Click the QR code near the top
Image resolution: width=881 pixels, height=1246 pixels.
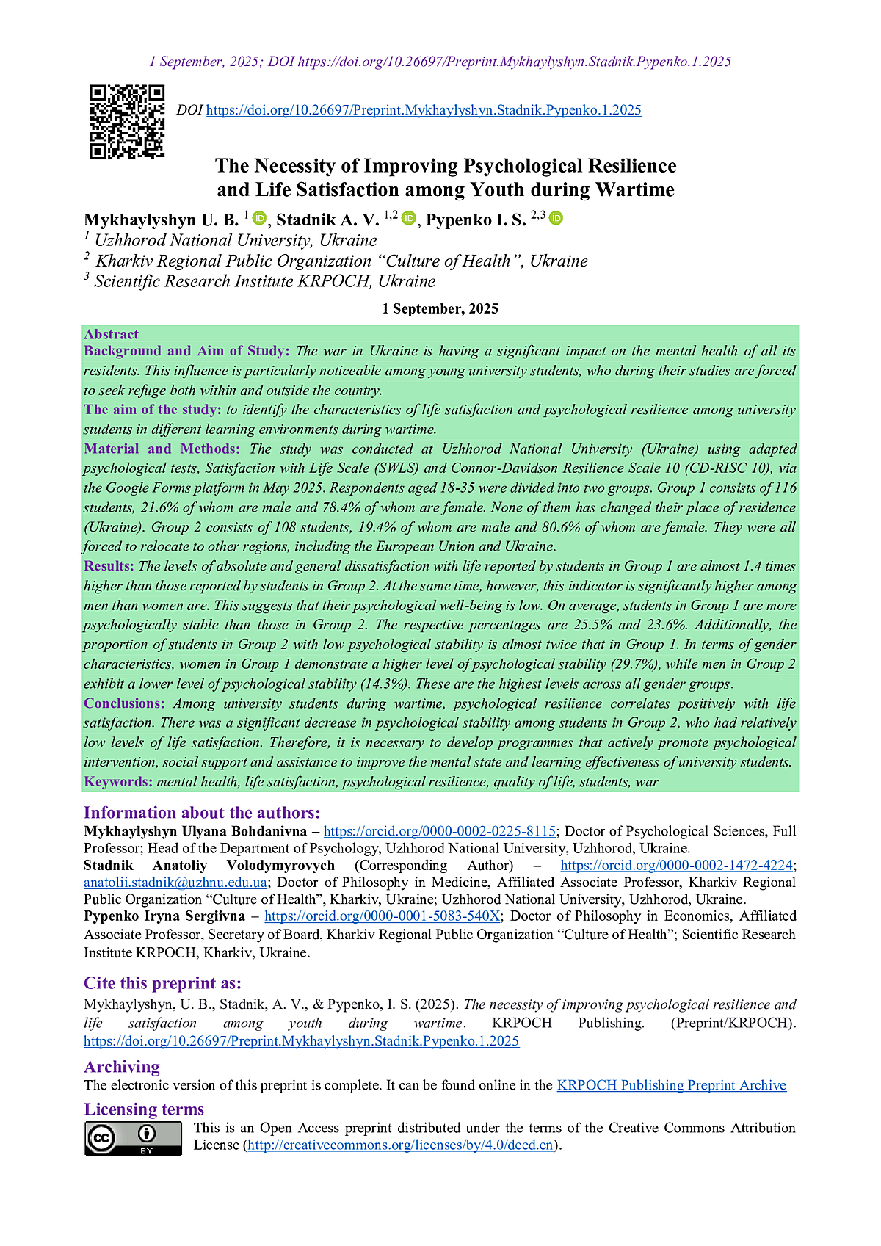click(127, 122)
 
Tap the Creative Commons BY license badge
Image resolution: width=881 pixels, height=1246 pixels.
click(133, 1137)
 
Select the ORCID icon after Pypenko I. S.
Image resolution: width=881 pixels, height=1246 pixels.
click(556, 218)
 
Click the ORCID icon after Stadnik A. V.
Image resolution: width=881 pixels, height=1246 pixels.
click(409, 218)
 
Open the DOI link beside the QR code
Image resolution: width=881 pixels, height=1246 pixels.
click(424, 110)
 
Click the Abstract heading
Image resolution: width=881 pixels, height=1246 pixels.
click(111, 334)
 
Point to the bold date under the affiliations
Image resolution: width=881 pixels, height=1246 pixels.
click(440, 308)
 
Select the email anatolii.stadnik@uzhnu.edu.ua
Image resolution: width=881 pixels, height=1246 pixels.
click(175, 882)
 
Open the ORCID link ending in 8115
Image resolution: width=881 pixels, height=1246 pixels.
click(439, 831)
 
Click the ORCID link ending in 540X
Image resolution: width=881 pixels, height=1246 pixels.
click(382, 916)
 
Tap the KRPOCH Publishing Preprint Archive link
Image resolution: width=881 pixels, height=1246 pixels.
click(671, 1085)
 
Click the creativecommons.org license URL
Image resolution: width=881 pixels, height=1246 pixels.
click(400, 1145)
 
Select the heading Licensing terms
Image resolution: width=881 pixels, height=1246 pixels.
click(144, 1109)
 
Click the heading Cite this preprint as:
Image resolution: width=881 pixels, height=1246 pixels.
click(162, 983)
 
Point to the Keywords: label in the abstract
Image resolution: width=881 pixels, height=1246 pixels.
click(118, 781)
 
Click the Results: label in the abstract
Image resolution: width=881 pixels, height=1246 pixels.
click(109, 566)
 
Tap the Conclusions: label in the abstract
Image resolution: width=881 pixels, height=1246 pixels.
click(124, 703)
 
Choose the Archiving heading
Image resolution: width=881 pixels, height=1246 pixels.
click(121, 1066)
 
